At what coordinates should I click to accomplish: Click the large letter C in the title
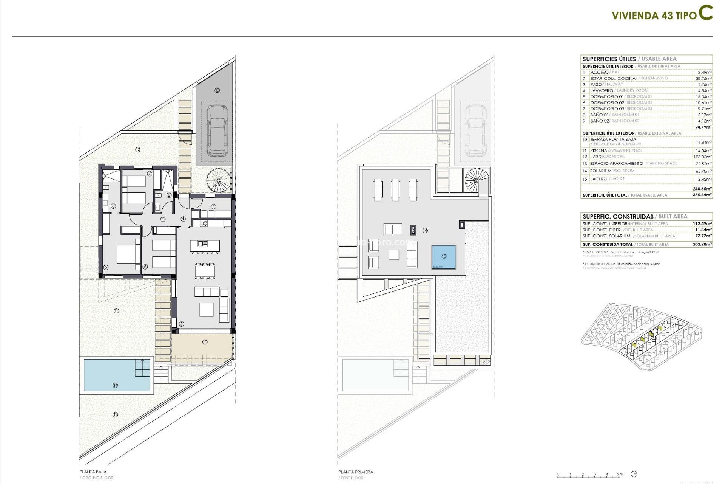pyautogui.click(x=705, y=13)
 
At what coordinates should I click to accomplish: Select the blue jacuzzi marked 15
pyautogui.click(x=444, y=257)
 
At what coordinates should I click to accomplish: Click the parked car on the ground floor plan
pyautogui.click(x=217, y=130)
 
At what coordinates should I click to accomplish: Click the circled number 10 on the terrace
pyautogui.click(x=205, y=342)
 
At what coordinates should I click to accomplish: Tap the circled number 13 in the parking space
pyautogui.click(x=217, y=90)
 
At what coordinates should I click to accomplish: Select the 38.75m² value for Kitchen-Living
pyautogui.click(x=704, y=78)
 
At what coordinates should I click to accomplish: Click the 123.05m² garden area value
pyautogui.click(x=703, y=157)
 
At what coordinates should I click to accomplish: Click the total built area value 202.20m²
pyautogui.click(x=702, y=244)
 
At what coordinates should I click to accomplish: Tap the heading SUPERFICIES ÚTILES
pyautogui.click(x=609, y=59)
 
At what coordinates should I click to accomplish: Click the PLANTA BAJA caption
pyautogui.click(x=93, y=472)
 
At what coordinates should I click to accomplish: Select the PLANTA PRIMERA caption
pyautogui.click(x=355, y=472)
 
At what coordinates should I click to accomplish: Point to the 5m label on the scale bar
pyautogui.click(x=619, y=474)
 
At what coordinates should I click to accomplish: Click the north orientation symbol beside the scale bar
pyautogui.click(x=634, y=474)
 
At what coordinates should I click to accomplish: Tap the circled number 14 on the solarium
pyautogui.click(x=425, y=230)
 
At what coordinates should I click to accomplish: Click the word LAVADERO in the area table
pyautogui.click(x=602, y=90)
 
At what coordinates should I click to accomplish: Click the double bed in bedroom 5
pyautogui.click(x=128, y=254)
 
